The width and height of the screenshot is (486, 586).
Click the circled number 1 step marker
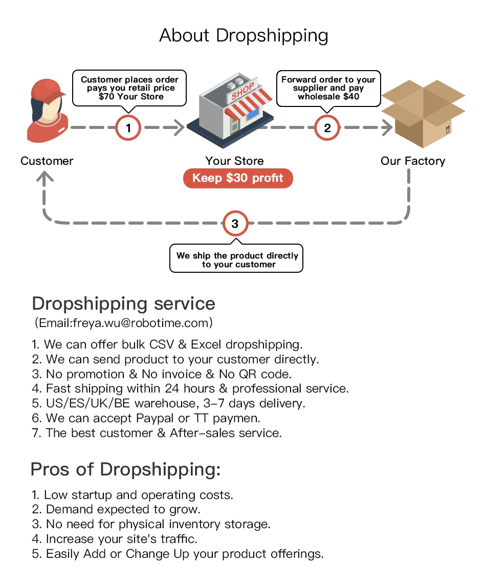[x=128, y=127]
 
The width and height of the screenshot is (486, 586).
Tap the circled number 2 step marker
[x=327, y=127]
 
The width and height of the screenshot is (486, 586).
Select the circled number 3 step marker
[x=235, y=224]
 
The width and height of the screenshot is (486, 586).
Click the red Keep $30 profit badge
[x=238, y=178]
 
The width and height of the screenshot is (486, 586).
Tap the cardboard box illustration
[x=424, y=113]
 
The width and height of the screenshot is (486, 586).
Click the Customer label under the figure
[x=47, y=161]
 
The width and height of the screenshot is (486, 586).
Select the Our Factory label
[x=413, y=161]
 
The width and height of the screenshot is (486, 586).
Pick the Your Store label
[x=235, y=161]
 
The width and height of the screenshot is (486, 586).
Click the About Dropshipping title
[x=244, y=35]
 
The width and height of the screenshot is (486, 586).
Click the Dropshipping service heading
[x=123, y=303]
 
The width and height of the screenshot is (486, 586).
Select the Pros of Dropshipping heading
[x=126, y=469]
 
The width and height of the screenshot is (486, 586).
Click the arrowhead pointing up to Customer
[x=46, y=178]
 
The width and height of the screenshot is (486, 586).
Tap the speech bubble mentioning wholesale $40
[x=328, y=88]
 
